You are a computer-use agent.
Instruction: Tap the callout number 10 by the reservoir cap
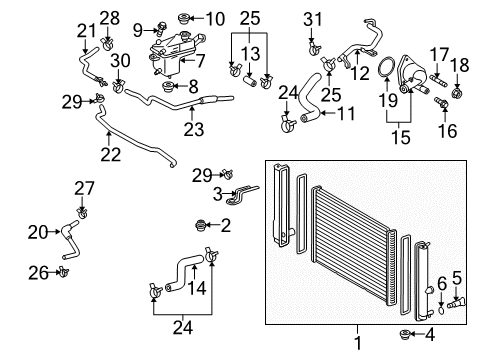pos(214,18)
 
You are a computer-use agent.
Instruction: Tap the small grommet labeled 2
pos(205,226)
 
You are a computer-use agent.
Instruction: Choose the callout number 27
pos(82,187)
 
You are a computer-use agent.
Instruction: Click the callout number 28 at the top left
pos(108,17)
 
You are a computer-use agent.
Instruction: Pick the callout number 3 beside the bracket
pos(216,192)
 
